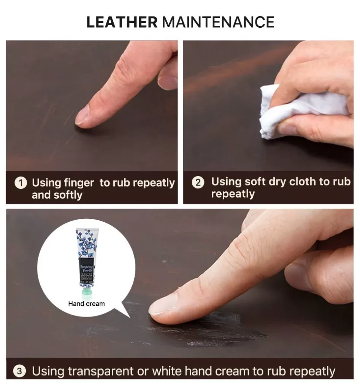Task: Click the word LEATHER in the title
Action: point(122,22)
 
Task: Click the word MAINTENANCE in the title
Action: point(218,22)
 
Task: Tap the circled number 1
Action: point(21,183)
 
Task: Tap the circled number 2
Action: point(198,182)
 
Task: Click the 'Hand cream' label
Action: point(86,304)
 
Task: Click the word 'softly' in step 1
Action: point(67,195)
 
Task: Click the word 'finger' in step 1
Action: point(78,183)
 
